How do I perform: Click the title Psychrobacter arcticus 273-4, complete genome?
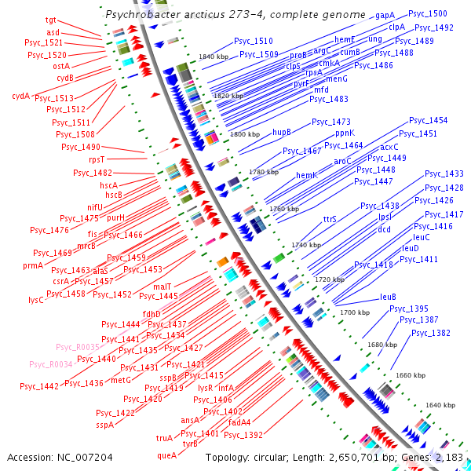(235, 14)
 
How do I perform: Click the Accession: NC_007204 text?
(60, 456)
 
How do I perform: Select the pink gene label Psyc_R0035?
(77, 346)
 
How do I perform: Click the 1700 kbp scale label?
(354, 312)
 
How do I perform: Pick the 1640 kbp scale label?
(440, 405)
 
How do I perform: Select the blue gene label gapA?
(385, 15)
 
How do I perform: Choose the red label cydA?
(20, 96)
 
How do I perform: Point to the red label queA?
(166, 454)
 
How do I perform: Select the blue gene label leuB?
(388, 297)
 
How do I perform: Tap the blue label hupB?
(282, 132)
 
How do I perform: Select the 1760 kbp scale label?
(284, 209)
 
